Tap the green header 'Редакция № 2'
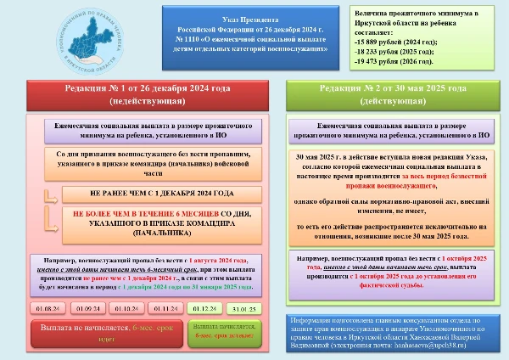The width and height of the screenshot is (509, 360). [x=393, y=94]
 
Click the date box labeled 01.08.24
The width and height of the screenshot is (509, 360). [x=47, y=307]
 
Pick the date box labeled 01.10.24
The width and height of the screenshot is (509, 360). [x=126, y=307]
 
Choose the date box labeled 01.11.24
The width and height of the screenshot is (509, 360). [x=165, y=307]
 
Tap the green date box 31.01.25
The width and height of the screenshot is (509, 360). [x=243, y=307]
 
